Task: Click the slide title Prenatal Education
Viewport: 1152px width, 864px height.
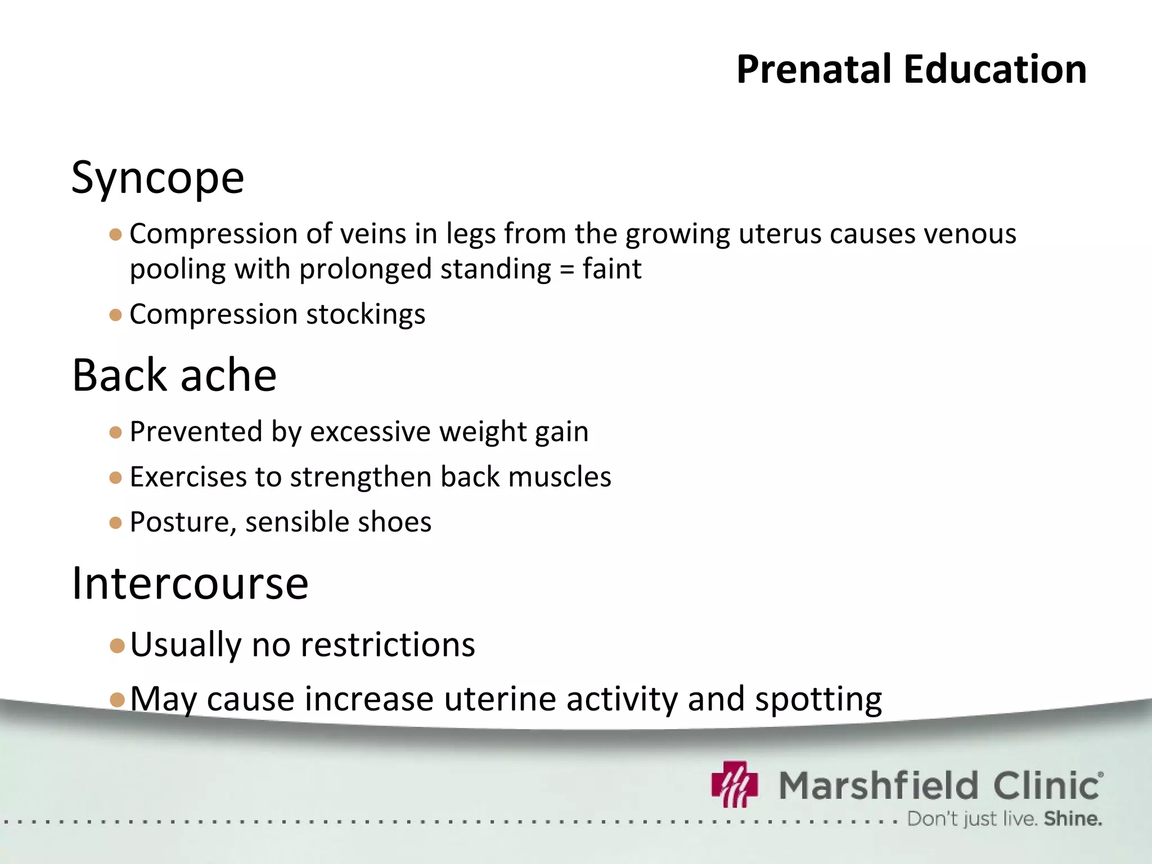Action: click(x=911, y=69)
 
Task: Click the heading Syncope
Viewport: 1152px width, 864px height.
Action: click(x=157, y=178)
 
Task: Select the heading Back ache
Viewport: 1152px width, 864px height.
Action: click(x=174, y=375)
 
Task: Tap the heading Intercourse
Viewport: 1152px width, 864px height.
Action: click(x=190, y=583)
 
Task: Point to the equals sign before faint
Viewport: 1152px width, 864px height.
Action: click(x=566, y=269)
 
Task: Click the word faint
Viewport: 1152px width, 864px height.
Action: click(x=611, y=269)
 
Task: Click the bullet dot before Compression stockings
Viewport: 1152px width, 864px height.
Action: click(x=116, y=315)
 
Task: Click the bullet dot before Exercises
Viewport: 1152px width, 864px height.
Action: click(x=116, y=478)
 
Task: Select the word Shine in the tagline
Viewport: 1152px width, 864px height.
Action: click(x=1072, y=819)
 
